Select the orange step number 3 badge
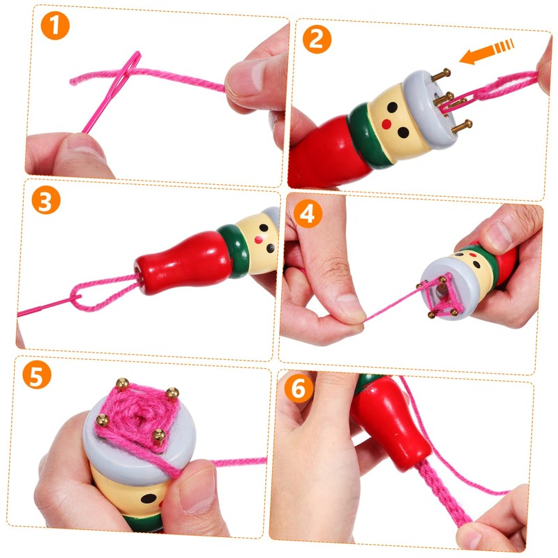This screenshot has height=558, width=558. (x=46, y=201)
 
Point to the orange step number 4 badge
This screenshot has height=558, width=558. (x=305, y=213)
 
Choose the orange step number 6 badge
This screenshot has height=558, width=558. (x=299, y=389)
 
